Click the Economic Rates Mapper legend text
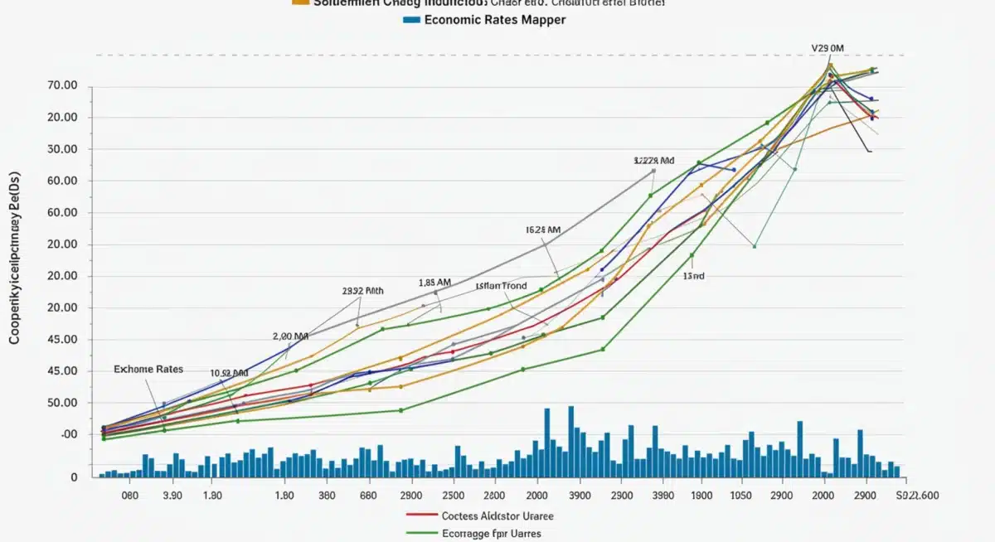click(495, 19)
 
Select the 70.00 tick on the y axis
click(63, 85)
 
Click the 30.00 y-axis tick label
click(63, 149)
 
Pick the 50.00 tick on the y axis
click(63, 403)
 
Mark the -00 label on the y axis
click(69, 434)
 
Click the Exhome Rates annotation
click(149, 369)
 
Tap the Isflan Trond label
click(501, 286)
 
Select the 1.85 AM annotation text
click(434, 283)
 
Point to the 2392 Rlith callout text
click(363, 292)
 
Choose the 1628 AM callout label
click(543, 229)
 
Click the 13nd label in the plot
click(693, 276)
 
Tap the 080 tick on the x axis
click(130, 495)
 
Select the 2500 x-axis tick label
click(454, 495)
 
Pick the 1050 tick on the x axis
click(740, 495)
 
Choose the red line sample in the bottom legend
click(421, 515)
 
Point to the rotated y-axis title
click(15, 258)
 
